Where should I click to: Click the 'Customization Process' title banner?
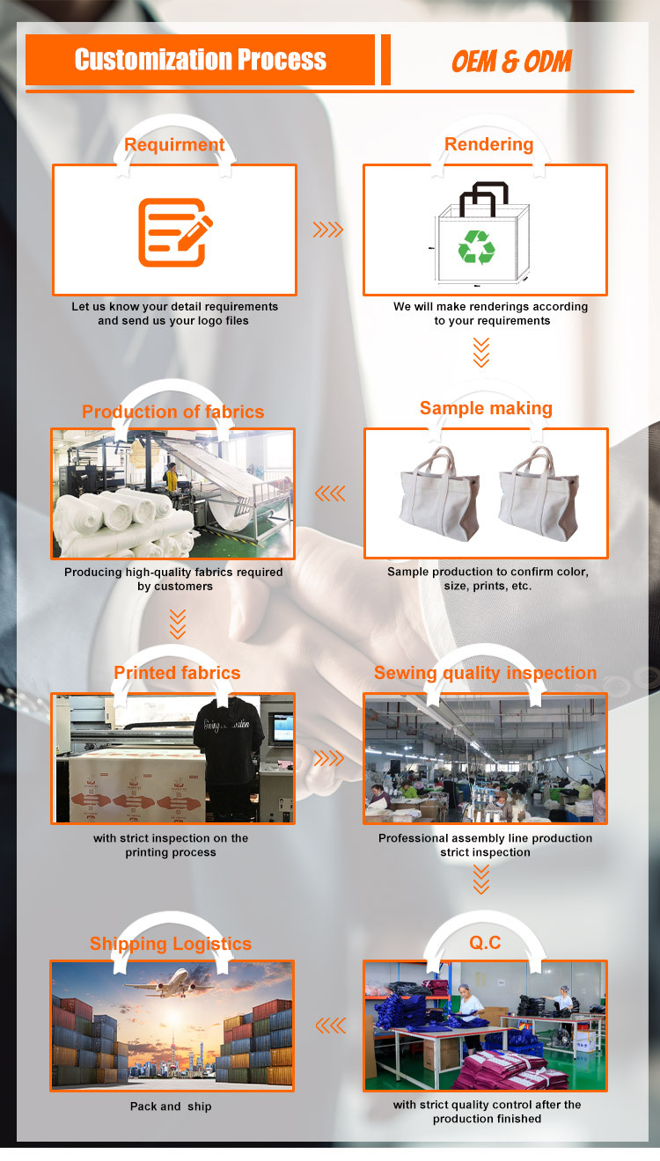pos(200,60)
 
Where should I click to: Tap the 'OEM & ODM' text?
pos(511,62)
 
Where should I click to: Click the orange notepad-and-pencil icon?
pos(175,232)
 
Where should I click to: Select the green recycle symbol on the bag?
pos(476,246)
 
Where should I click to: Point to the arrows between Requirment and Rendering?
pos(328,230)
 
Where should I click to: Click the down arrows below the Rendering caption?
pos(481,353)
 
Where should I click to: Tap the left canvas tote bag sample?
pos(440,493)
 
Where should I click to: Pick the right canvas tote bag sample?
pos(539,493)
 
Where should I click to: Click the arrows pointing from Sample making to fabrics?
pos(330,493)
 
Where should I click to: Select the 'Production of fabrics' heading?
pos(172,412)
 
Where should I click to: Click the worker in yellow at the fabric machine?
pos(171,478)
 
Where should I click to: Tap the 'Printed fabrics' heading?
pos(177,673)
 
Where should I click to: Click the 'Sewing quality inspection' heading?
pos(485,673)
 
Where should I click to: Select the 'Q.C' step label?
pos(485,942)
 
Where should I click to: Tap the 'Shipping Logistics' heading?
pos(171,943)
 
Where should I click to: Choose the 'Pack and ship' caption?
pos(171,1106)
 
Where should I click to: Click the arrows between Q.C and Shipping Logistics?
pos(331,1026)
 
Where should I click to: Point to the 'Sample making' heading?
pos(486,408)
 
